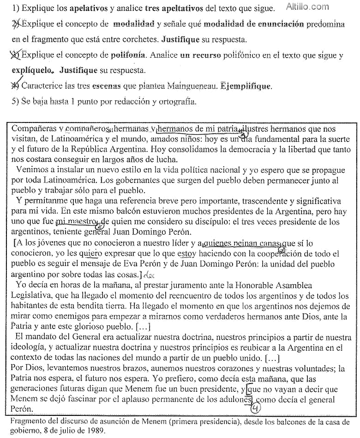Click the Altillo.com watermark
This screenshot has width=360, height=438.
[314, 7]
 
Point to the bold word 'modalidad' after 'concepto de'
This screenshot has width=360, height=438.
[133, 24]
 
